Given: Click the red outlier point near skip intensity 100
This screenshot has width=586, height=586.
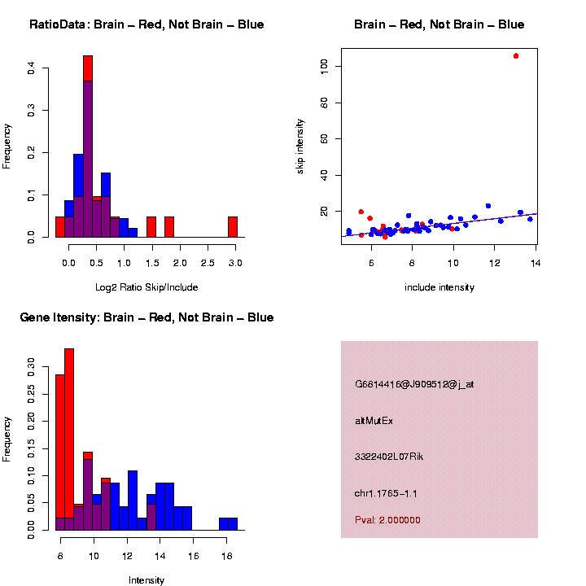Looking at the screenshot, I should [x=516, y=56].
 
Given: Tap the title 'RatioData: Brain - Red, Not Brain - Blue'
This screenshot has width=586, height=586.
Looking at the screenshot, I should [x=146, y=24].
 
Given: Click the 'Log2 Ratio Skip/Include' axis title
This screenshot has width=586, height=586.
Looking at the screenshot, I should [x=146, y=287].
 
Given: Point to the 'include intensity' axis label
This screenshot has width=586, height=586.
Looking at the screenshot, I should [x=439, y=287].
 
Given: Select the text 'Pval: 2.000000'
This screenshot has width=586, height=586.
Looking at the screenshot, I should [x=388, y=520].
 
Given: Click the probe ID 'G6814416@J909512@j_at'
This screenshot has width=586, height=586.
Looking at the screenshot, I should [x=414, y=384].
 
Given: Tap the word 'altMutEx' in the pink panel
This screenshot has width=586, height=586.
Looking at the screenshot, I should [x=374, y=421].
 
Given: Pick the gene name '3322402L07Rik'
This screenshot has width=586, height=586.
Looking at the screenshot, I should [x=389, y=457].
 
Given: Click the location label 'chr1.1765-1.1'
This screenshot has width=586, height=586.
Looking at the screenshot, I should [x=387, y=493].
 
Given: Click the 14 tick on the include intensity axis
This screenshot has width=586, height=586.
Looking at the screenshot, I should [x=536, y=263].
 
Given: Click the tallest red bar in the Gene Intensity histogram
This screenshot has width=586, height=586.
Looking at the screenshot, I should [x=69, y=439].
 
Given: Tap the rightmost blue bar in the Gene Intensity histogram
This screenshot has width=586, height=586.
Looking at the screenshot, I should [x=233, y=524].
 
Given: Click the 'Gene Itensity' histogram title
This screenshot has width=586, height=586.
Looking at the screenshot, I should [x=146, y=317].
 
